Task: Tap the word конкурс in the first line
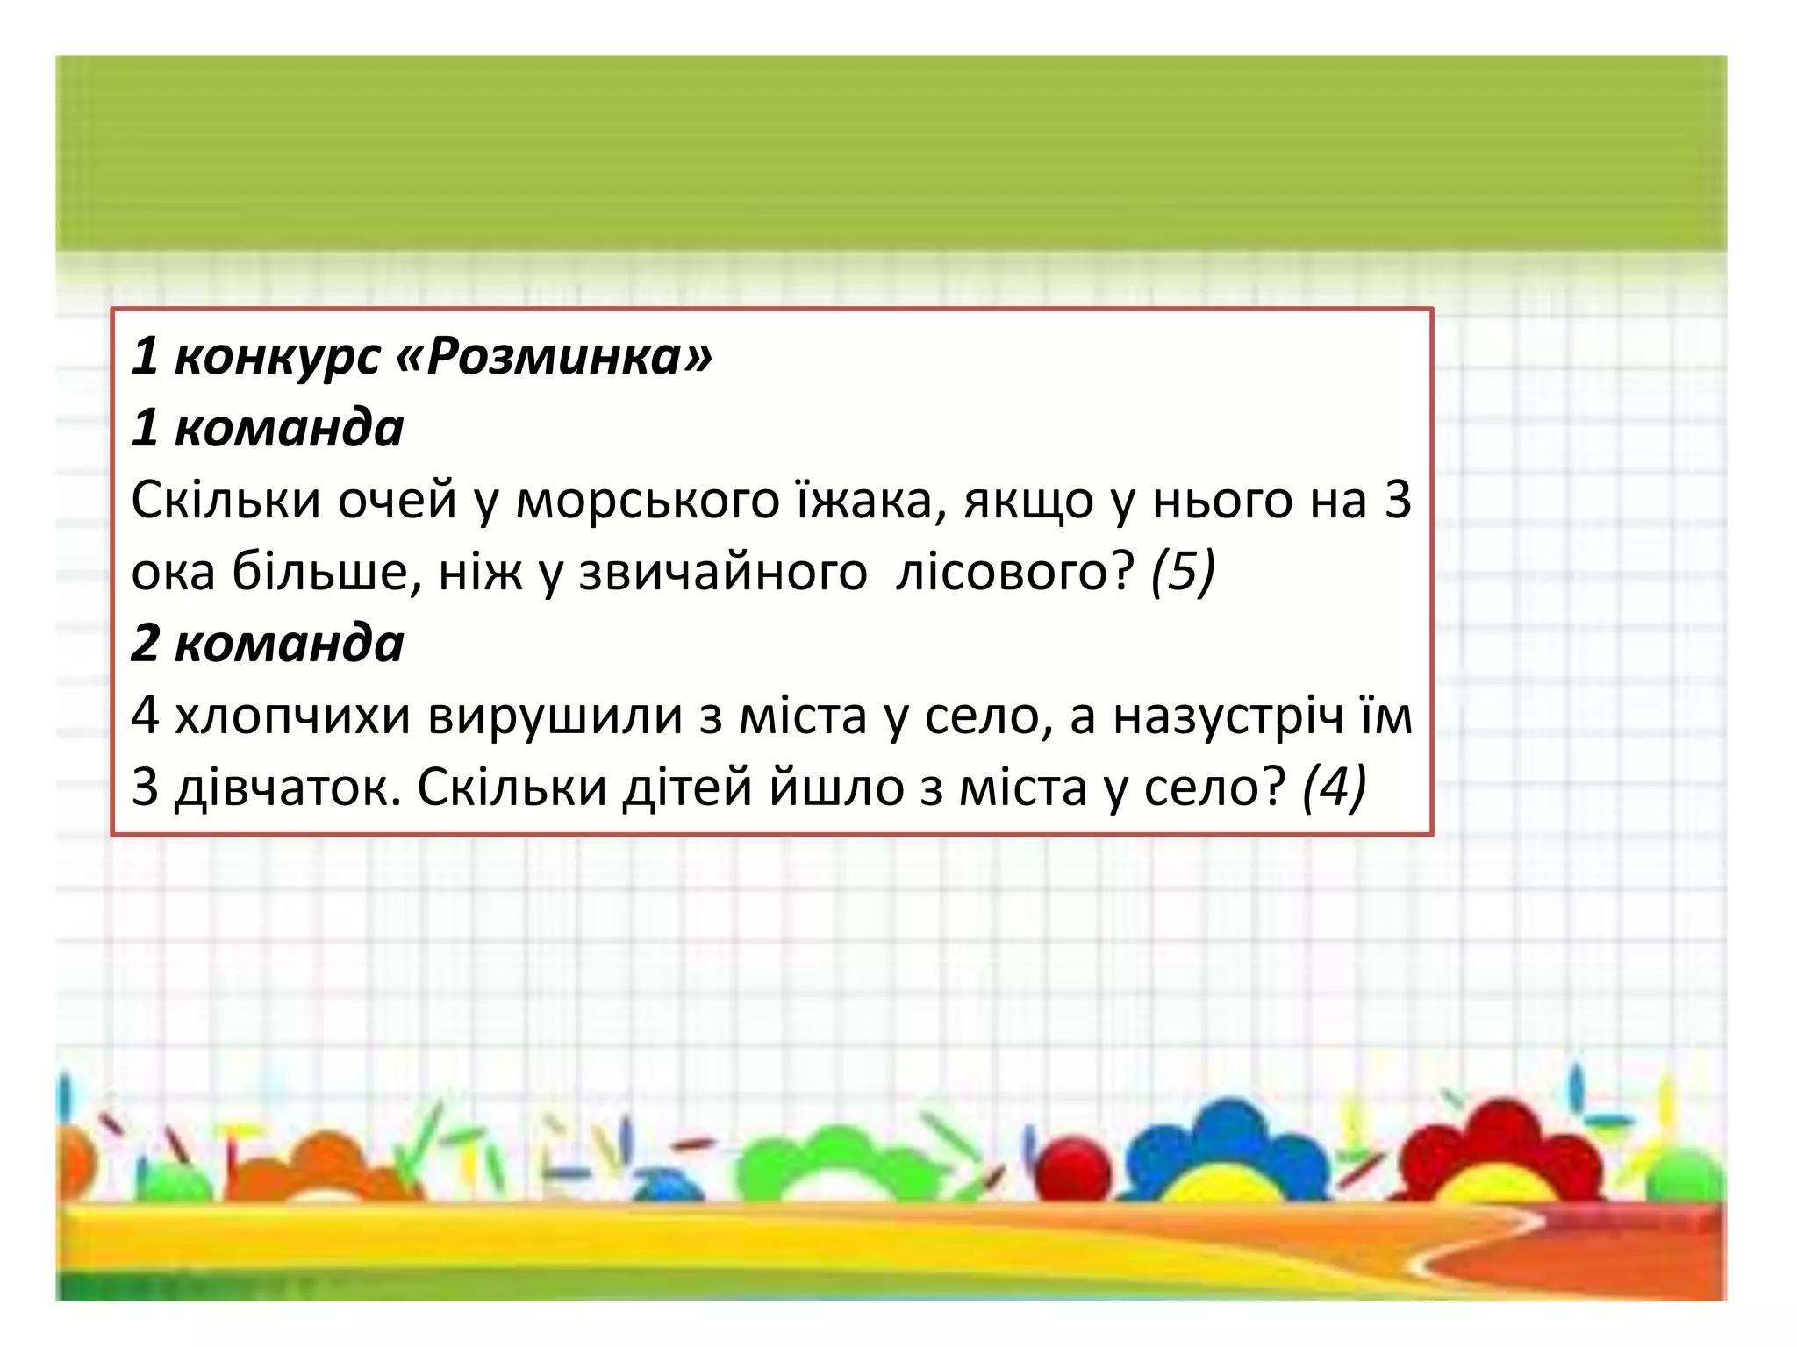coord(277,357)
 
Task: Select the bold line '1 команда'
coord(268,428)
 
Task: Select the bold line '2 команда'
coord(268,643)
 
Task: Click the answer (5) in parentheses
coord(1183,572)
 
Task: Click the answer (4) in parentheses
coord(1334,787)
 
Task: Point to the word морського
coord(648,501)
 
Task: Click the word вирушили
coord(555,716)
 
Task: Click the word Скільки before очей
coord(226,501)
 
